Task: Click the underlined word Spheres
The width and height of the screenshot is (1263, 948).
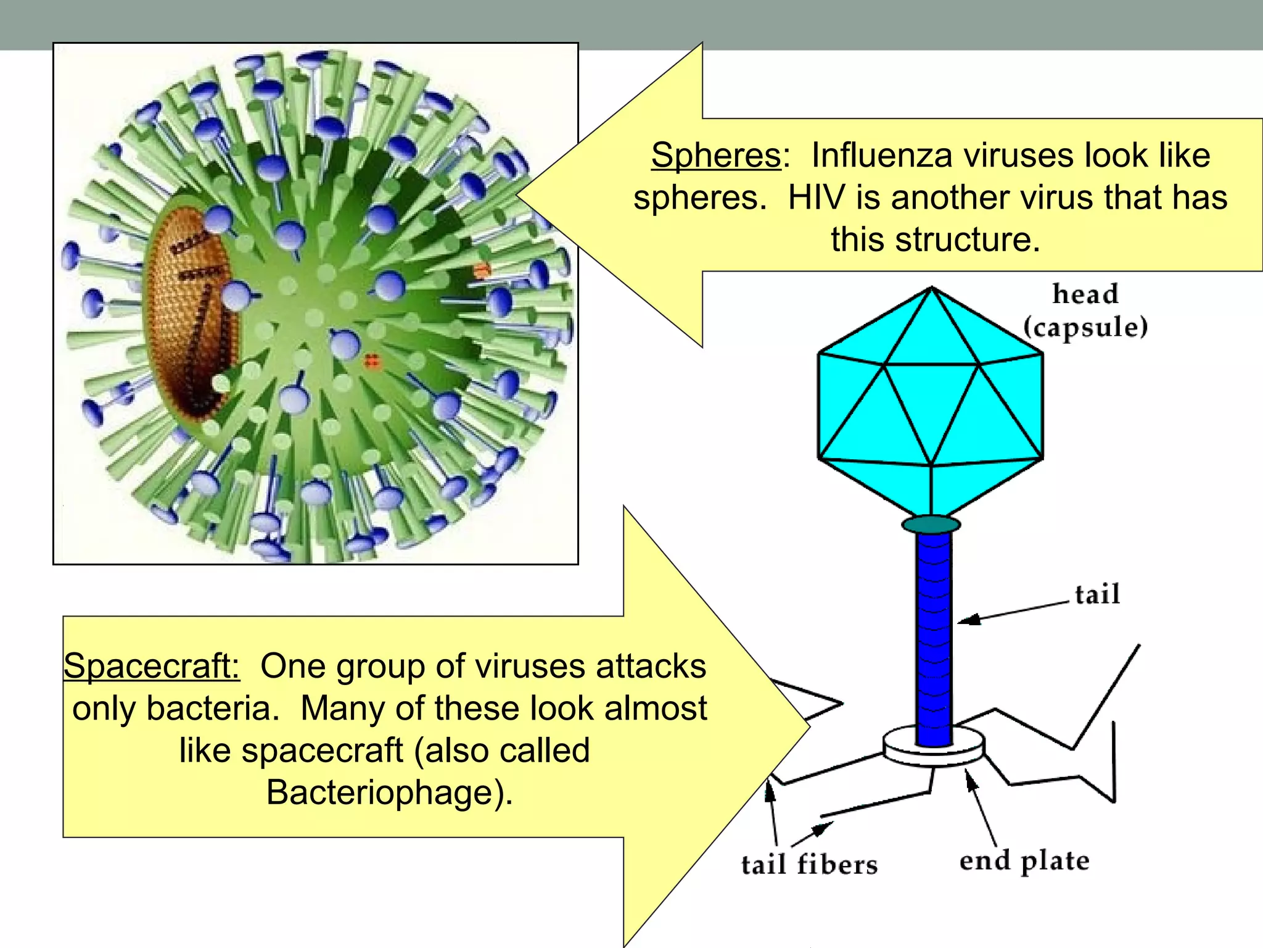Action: point(716,155)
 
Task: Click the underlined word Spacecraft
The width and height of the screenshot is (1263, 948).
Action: point(152,667)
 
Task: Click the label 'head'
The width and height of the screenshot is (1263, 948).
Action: point(1085,294)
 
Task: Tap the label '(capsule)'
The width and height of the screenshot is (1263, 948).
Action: point(1085,327)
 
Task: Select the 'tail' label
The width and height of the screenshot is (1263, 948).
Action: point(1097,594)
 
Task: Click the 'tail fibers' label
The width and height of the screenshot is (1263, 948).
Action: point(809,864)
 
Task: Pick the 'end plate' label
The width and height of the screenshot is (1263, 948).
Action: point(1024,860)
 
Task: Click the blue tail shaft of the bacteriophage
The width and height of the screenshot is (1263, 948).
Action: point(934,636)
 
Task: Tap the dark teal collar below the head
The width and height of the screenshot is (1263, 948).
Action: point(931,525)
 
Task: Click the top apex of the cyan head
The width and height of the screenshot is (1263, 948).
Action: point(932,288)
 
